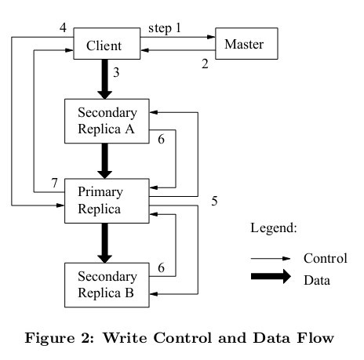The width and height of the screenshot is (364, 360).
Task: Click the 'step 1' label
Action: (165, 28)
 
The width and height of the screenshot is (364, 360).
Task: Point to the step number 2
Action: (205, 64)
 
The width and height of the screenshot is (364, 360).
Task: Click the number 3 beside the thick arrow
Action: (116, 72)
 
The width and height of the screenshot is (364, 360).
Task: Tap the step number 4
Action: (63, 27)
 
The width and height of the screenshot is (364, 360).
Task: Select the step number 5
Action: (214, 201)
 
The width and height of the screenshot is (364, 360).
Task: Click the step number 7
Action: (54, 183)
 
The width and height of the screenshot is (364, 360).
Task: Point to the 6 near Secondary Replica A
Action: (161, 139)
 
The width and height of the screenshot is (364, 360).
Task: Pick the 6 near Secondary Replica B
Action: (161, 267)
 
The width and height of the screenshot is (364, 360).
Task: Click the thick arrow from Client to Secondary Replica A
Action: (105, 79)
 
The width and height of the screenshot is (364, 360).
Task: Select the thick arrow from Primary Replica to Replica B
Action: (105, 243)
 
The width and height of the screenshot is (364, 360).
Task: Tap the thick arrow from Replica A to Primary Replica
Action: (105, 161)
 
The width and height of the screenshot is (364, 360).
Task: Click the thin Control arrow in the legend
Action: (271, 259)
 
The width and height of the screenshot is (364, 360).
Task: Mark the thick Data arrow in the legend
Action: (271, 276)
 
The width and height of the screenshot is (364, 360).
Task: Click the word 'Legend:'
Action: (274, 228)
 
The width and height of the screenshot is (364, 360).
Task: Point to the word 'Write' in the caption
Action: (125, 338)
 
